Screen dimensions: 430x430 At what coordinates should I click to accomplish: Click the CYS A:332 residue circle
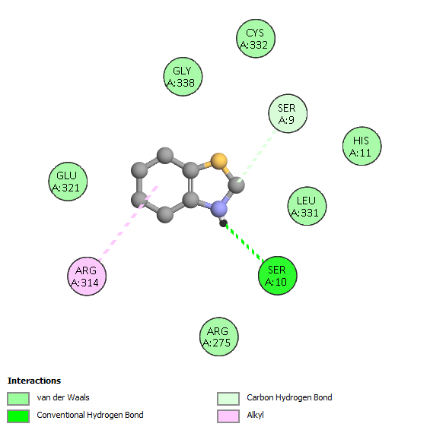256,39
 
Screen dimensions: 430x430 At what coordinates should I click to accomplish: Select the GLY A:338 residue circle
183,77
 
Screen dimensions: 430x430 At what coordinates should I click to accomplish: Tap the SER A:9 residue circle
288,113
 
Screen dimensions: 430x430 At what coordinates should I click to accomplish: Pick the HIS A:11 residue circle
362,146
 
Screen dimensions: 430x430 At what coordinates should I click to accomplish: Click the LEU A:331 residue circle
307,206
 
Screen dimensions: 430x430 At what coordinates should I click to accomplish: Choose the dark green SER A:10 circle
278,276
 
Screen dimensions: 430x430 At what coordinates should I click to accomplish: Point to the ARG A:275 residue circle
218,337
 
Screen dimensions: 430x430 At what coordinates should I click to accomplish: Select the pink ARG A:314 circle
87,276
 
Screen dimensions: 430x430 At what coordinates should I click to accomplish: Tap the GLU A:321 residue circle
68,182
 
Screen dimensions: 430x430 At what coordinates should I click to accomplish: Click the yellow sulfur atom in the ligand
218,161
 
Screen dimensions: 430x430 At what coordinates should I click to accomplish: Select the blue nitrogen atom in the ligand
218,208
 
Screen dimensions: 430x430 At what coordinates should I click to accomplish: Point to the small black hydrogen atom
223,223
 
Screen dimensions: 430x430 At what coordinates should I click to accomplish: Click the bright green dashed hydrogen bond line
245,242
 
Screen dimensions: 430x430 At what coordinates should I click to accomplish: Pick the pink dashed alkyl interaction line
128,223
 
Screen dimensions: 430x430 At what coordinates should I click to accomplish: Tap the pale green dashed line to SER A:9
257,157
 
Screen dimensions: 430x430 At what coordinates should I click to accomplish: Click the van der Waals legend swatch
18,398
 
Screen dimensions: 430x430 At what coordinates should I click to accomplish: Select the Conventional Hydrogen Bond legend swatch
18,416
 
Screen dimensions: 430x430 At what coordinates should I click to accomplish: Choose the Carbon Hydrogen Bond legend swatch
228,398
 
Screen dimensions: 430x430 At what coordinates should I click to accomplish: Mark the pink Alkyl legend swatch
228,416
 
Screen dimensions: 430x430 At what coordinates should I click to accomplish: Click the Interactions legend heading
34,381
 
